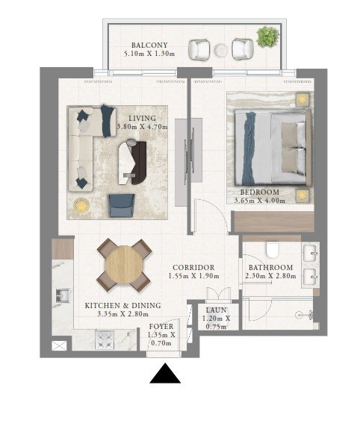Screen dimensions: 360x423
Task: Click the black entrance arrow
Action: [165, 375]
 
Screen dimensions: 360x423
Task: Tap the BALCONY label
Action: [149, 45]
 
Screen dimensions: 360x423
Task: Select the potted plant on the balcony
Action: [267, 37]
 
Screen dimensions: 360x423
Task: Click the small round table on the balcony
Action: [222, 50]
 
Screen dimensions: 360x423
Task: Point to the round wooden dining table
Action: [124, 264]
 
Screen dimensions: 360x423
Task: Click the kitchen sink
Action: [63, 295]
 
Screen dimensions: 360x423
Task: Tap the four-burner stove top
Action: [105, 340]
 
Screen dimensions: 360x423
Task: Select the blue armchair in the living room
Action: [122, 206]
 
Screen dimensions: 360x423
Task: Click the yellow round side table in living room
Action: [81, 206]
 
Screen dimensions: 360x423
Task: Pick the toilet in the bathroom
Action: [272, 249]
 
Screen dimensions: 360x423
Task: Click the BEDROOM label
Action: [259, 192]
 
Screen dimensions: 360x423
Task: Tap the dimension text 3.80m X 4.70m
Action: [143, 127]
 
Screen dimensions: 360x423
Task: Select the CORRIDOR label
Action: [193, 268]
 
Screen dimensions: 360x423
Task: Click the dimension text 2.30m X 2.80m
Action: [270, 276]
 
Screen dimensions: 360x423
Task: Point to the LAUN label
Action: [216, 310]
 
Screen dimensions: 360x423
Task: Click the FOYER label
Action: [161, 327]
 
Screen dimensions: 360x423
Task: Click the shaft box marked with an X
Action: [59, 346]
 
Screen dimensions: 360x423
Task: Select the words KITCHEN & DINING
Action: [123, 306]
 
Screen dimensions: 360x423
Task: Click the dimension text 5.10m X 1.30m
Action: [149, 54]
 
